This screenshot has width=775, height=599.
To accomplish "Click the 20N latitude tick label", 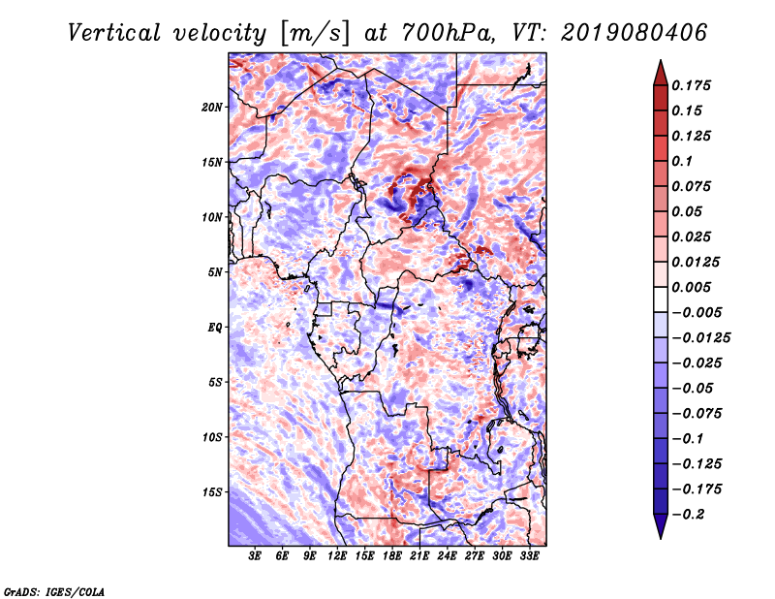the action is [x=211, y=108].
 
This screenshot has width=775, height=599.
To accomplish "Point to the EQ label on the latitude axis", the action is [x=214, y=328].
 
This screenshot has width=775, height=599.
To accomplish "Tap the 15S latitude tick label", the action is [x=211, y=492].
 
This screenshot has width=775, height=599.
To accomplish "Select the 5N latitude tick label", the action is [x=214, y=272].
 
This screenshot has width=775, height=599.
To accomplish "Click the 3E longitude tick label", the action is [x=255, y=555].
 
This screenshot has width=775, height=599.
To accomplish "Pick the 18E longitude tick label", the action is [x=392, y=555].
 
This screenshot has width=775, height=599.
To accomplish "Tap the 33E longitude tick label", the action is [x=529, y=555].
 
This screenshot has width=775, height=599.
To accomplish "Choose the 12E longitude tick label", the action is [x=337, y=555].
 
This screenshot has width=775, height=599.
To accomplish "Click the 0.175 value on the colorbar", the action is [x=691, y=85].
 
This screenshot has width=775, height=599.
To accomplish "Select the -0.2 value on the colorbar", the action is [x=688, y=515].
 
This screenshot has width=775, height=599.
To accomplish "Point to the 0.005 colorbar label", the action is [x=691, y=287].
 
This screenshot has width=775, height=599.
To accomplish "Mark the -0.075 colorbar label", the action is [x=697, y=414].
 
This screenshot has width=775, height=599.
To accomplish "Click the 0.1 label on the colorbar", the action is [x=682, y=161].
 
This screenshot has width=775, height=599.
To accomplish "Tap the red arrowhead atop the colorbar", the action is [x=661, y=74].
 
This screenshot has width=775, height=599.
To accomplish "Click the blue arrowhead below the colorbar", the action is [x=661, y=526].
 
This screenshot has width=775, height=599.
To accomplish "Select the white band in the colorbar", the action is [x=661, y=299].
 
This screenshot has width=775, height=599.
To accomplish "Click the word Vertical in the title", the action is [x=114, y=34].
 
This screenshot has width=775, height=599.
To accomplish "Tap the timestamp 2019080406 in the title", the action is [x=634, y=33].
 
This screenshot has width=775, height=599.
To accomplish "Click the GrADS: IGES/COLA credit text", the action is [x=54, y=592].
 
